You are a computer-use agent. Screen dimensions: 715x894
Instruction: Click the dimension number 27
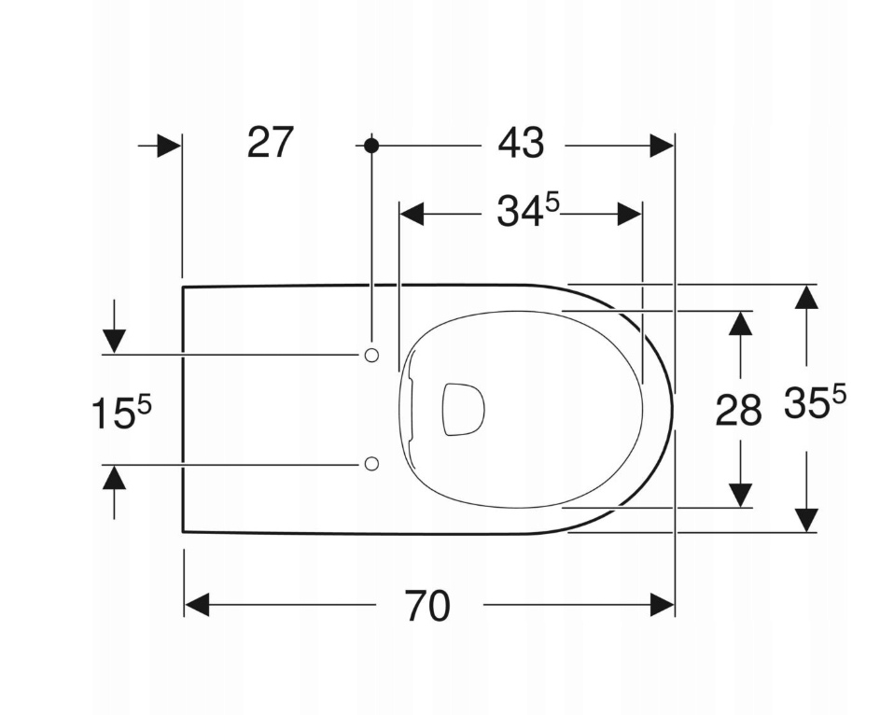pyautogui.click(x=271, y=143)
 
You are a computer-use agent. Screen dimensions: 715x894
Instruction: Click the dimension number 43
pyautogui.click(x=521, y=144)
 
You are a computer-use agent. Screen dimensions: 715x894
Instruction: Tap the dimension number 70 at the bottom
pyautogui.click(x=427, y=606)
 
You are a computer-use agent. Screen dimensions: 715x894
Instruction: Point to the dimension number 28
pyautogui.click(x=738, y=410)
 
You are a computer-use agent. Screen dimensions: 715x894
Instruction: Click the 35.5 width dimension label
pyautogui.click(x=814, y=404)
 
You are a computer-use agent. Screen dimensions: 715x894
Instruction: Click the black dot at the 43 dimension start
pyautogui.click(x=371, y=146)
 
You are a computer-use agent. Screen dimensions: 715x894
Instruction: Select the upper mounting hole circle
pyautogui.click(x=371, y=355)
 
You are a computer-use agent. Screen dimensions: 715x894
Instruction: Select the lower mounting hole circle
pyautogui.click(x=371, y=464)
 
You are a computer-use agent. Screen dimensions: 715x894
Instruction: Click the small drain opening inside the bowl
pyautogui.click(x=463, y=409)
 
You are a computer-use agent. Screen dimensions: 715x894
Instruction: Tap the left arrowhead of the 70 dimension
pyautogui.click(x=196, y=605)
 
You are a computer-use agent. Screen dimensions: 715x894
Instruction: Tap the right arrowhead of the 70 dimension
pyautogui.click(x=663, y=605)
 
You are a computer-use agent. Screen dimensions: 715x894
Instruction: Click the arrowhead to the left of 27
pyautogui.click(x=169, y=146)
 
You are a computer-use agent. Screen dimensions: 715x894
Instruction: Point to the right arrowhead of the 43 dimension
pyautogui.click(x=662, y=146)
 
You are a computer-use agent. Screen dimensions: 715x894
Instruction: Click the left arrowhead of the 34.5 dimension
pyautogui.click(x=412, y=214)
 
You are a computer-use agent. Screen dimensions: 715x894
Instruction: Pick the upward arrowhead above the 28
pyautogui.click(x=740, y=323)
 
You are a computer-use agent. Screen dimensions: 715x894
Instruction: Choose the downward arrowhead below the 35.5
pyautogui.click(x=806, y=520)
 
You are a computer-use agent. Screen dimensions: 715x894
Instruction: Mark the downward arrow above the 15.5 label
pyautogui.click(x=114, y=341)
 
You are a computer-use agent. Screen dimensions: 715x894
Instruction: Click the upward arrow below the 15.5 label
pyautogui.click(x=114, y=478)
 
